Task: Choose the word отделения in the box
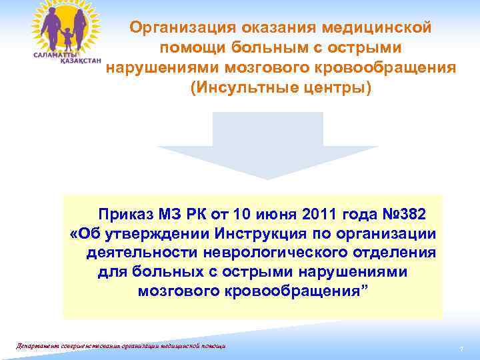[x=397, y=253]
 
